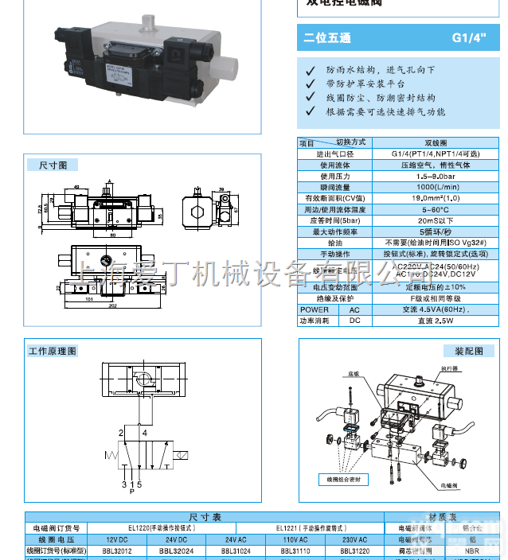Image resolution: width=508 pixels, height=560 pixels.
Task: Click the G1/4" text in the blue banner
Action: [x=468, y=37]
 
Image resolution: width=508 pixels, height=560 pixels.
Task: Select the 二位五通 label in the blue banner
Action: [x=327, y=38]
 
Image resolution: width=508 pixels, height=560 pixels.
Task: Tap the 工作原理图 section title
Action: [x=53, y=350]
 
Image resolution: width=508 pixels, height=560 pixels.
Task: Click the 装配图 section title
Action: [x=469, y=350]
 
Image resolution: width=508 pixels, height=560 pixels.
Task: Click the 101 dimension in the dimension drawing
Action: [x=88, y=300]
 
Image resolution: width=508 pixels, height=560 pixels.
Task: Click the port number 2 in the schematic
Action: [x=122, y=433]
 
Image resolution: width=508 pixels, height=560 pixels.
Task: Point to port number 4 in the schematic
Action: [x=144, y=433]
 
